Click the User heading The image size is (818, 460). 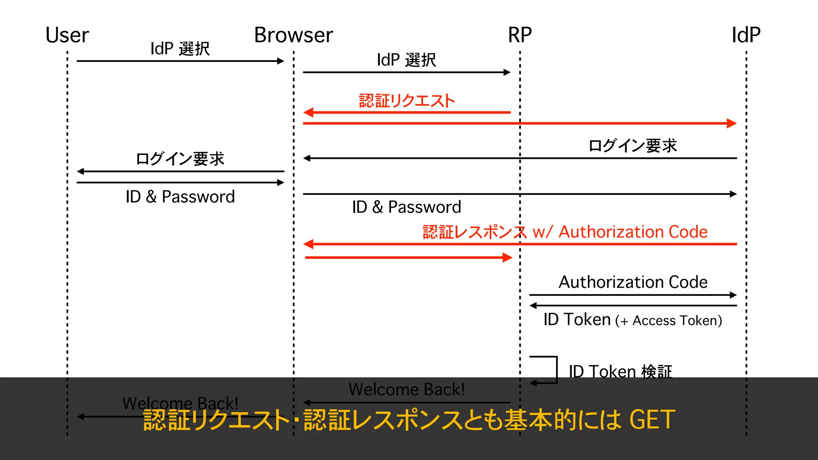(67, 35)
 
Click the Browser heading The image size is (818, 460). (294, 35)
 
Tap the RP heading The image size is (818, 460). (520, 35)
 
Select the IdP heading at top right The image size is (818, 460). (746, 35)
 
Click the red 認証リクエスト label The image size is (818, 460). (407, 101)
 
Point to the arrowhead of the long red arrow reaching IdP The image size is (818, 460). (732, 123)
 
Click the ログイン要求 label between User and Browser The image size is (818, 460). (180, 159)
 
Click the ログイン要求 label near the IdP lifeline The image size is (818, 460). (633, 146)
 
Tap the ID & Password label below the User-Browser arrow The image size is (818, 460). (180, 197)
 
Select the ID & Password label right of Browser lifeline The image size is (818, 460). (407, 207)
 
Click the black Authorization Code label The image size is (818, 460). (633, 282)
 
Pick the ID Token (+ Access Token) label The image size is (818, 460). (633, 320)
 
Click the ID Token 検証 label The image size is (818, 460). (620, 371)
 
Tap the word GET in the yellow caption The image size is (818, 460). (652, 420)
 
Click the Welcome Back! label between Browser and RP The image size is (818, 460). (407, 389)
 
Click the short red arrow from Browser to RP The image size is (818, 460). (407, 258)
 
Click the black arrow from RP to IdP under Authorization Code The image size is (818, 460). (633, 295)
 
